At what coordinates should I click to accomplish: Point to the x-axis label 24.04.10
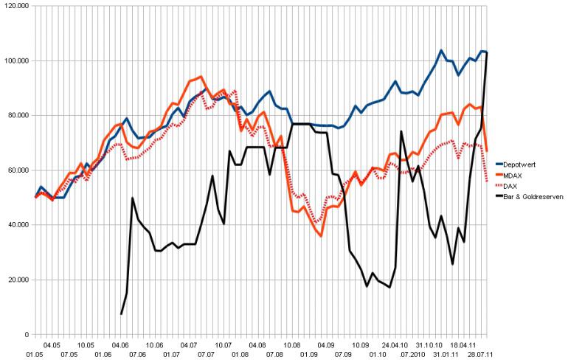click(x=395, y=345)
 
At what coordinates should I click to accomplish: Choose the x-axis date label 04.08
click(x=258, y=345)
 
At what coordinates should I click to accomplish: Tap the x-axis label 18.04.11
click(x=465, y=345)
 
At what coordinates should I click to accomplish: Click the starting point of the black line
click(x=122, y=314)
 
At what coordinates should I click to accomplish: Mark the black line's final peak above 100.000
click(x=488, y=52)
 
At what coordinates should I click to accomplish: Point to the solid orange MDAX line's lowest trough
click(x=322, y=235)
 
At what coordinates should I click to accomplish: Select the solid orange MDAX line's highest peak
click(x=201, y=77)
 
